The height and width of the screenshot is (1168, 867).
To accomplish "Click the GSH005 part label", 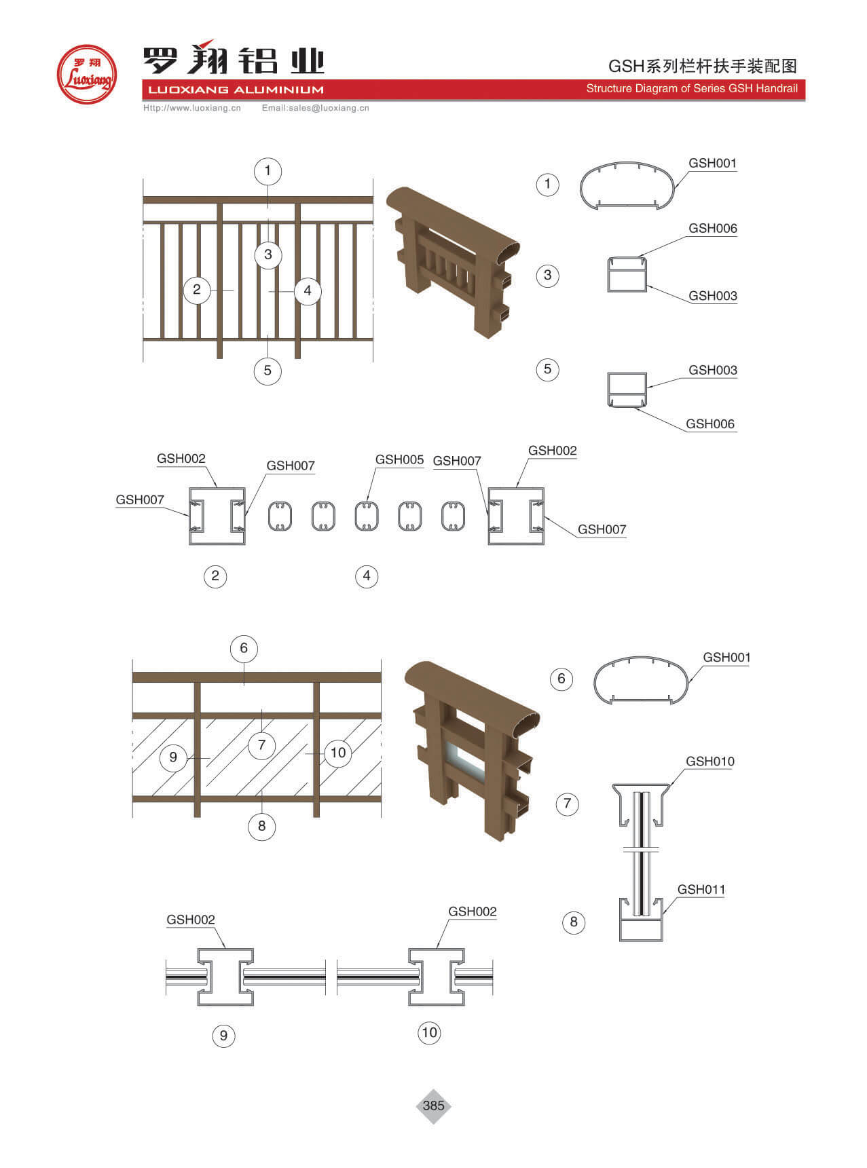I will point(399,459).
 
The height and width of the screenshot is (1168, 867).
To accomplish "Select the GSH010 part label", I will point(709,761).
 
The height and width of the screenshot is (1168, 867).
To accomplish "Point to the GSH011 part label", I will point(701,889).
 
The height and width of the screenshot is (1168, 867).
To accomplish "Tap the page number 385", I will point(433,1106).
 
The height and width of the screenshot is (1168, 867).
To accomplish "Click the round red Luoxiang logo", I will point(86,75).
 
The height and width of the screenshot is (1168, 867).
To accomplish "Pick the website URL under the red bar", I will point(192,108).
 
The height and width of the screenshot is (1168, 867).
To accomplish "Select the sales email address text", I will point(316,108).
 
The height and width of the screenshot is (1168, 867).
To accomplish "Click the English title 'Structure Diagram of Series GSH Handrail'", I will point(692,88).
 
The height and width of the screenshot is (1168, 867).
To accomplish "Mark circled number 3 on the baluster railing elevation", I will point(268,255).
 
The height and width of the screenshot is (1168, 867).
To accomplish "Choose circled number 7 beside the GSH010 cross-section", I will point(567,804).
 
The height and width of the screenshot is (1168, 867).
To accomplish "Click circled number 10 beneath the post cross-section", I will point(429,1033).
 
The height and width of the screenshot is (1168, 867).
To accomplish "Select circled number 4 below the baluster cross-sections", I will point(367,576).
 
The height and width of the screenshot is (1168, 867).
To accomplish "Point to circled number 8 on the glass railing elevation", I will point(261,826).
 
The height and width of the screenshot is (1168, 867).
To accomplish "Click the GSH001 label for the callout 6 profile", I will point(726,657).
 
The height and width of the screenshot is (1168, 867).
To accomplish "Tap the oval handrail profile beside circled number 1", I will point(628,185).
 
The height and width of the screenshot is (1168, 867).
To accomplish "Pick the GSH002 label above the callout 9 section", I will point(191,920).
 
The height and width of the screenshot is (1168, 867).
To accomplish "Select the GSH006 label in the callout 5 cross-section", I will point(710,424).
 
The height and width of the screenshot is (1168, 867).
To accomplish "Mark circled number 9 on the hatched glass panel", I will point(173,757).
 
